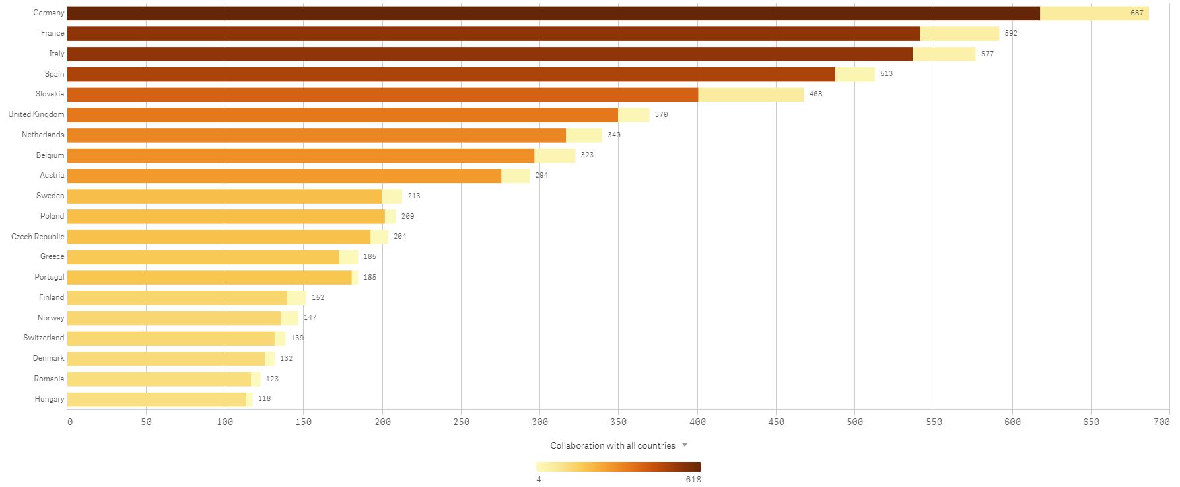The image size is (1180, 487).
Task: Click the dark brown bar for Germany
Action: coord(553,13)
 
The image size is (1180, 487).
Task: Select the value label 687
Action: coord(1136,13)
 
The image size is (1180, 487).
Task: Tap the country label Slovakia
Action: coord(50,94)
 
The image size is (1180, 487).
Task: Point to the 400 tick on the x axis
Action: coord(697,422)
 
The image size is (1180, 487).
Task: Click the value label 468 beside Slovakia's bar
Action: coord(816,94)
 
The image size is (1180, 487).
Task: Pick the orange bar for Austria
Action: coord(284,176)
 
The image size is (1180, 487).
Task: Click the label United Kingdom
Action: coord(36,114)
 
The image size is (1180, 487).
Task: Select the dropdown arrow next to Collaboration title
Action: coord(685,445)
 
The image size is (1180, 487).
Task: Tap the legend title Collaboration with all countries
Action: coord(612,445)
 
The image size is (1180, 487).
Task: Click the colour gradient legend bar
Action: coord(618,467)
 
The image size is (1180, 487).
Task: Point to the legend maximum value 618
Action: coord(693,479)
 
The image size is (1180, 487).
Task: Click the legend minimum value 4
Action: coord(539,479)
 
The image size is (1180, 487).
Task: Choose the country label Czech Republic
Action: coord(38,237)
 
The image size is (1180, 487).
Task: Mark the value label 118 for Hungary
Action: coord(264,399)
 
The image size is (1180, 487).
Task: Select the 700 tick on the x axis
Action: coord(1162,422)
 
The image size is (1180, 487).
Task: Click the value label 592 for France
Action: coord(1010,34)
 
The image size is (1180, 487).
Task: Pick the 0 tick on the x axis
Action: coord(69,422)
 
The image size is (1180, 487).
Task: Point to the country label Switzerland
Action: coord(44,338)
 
